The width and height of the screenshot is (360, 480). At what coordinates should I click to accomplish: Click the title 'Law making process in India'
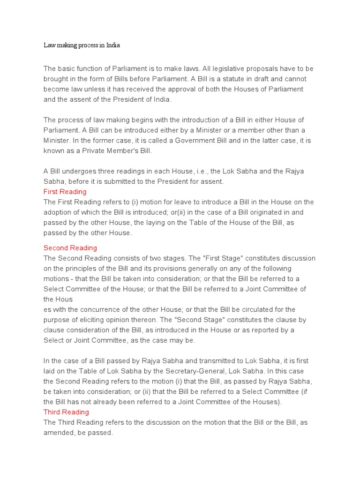coord(82,45)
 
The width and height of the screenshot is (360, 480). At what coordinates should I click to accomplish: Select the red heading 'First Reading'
coord(65,192)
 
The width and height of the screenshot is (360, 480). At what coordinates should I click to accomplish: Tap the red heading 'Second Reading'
coord(70,247)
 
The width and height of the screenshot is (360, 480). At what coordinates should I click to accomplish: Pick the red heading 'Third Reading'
coord(66,412)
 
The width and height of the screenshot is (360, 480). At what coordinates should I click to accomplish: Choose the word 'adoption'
coord(59,212)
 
